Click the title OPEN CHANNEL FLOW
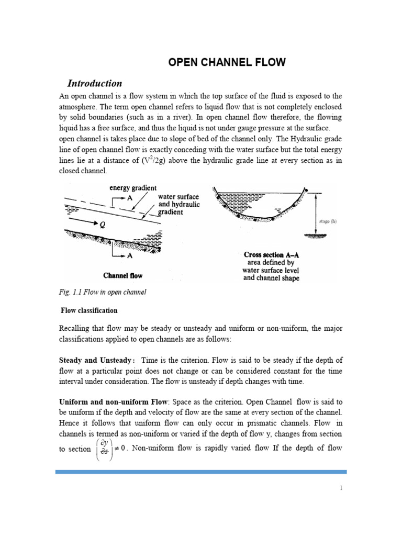pos(227,63)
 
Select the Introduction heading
pos(95,83)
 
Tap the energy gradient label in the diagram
pos(133,187)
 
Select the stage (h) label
pos(328,221)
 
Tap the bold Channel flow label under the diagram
pos(123,275)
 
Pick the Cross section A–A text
pos(271,255)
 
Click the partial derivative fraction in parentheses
pos(104,449)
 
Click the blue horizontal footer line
pos(201,472)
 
